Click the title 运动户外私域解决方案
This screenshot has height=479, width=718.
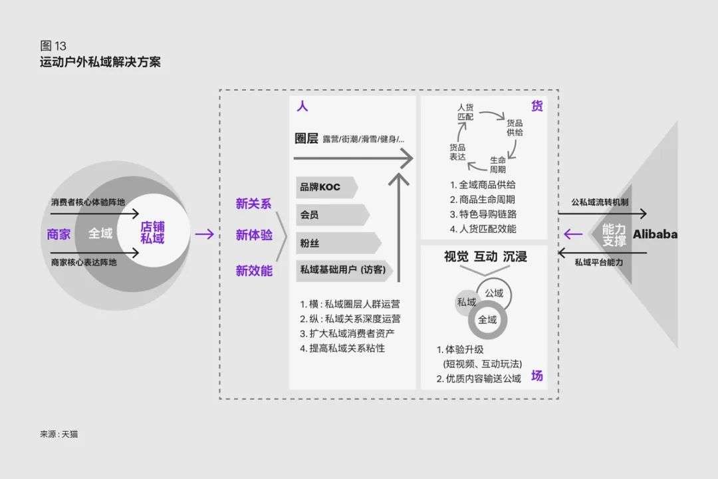point(100,63)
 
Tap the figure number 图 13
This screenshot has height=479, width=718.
point(53,46)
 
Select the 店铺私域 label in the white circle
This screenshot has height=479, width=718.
point(152,233)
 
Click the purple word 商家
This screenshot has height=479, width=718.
point(59,234)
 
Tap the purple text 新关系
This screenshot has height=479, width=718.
point(253,204)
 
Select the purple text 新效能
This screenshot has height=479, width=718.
point(253,271)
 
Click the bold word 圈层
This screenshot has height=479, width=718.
point(306,138)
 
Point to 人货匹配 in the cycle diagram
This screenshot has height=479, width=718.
point(465,111)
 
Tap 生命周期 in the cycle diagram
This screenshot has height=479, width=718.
point(498,165)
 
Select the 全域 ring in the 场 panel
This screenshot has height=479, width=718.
point(487,320)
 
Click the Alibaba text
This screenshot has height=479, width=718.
point(655,234)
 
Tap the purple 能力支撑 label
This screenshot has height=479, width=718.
point(614,234)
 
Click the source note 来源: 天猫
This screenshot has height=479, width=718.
point(59,434)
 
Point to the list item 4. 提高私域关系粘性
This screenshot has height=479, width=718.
point(342,348)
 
